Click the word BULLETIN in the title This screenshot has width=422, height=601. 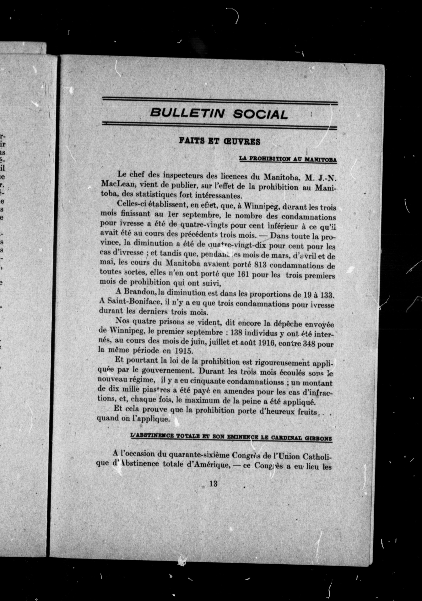[187, 113]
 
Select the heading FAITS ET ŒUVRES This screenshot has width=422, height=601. [220, 141]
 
